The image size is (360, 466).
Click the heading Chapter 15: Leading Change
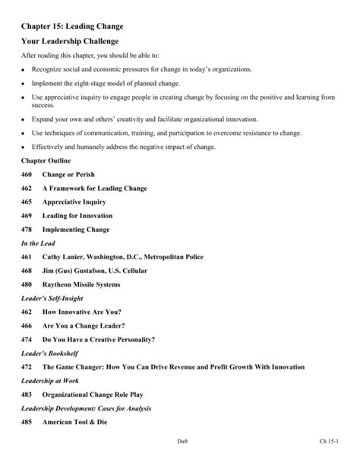point(73,27)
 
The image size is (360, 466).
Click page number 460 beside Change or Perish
point(28,174)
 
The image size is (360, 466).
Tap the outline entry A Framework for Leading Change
point(95,188)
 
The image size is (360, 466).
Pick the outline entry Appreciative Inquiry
point(74,201)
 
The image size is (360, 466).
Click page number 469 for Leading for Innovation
point(28,215)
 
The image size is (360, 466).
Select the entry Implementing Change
point(76,229)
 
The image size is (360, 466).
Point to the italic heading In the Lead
point(38,243)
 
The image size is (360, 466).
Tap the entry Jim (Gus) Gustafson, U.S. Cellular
point(95,271)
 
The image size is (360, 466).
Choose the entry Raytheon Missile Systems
point(82,284)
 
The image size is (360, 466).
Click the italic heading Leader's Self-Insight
point(52,298)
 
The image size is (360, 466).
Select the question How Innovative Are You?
point(82,312)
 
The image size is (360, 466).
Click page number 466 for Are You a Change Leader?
point(28,325)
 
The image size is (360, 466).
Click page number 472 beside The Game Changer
point(28,366)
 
